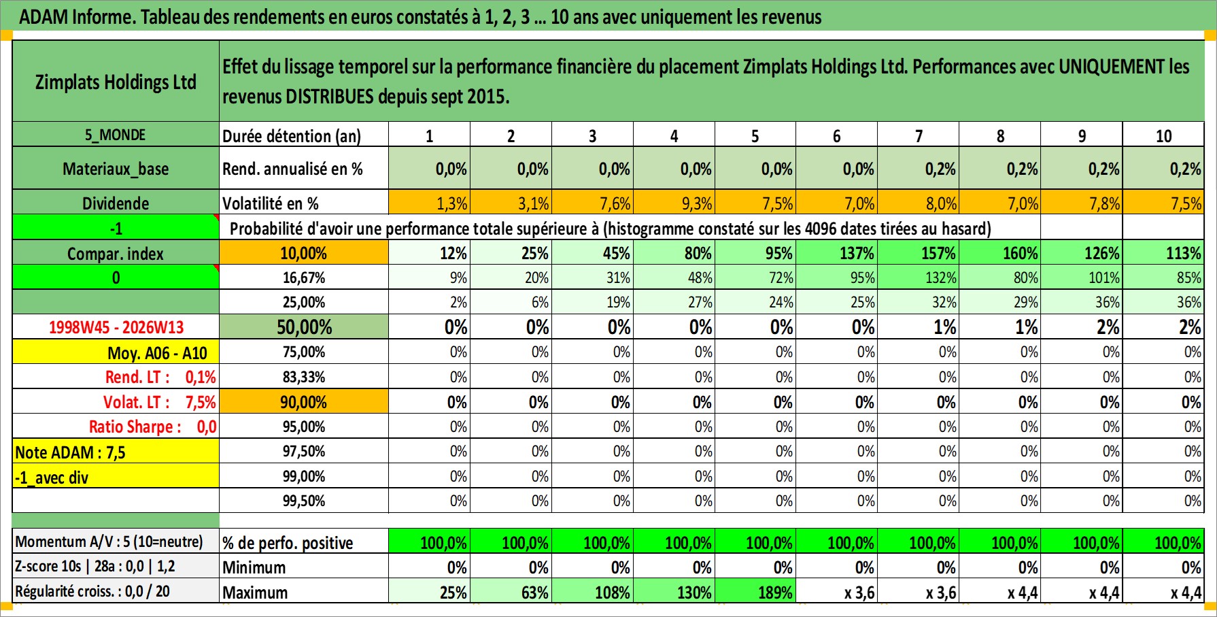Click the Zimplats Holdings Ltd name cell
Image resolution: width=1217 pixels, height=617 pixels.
pos(116,82)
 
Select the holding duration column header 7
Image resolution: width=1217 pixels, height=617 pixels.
pos(919,136)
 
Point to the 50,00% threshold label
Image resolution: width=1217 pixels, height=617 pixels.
pos(304,327)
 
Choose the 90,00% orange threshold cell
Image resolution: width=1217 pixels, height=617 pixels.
pos(304,402)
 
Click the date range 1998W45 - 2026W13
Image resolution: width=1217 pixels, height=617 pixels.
pos(116,327)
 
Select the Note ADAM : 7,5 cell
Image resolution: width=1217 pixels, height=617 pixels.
pos(71,452)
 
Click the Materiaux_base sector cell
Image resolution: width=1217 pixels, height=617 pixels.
pos(116,169)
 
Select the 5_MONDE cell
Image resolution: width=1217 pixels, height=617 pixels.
pos(116,135)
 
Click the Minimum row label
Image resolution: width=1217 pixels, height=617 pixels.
pos(254,567)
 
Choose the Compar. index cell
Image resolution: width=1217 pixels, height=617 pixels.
pos(116,254)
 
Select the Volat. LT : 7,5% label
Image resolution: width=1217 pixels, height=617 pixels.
pos(159,402)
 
